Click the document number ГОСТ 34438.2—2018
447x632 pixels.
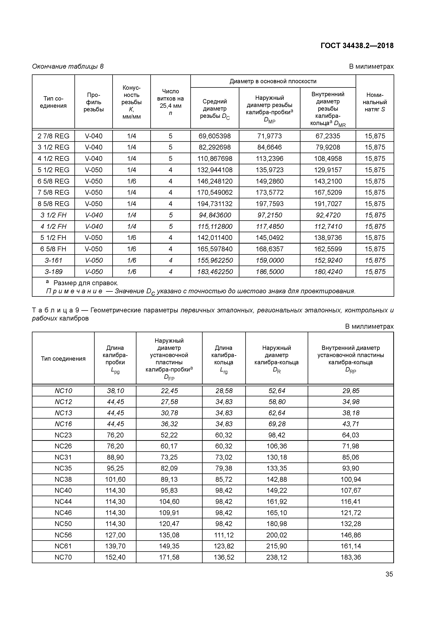point(357,46)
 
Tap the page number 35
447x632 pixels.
point(389,574)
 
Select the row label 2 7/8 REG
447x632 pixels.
point(53,136)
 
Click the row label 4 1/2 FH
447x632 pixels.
point(53,226)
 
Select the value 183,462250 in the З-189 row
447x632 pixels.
point(215,272)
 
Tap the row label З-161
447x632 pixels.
point(53,260)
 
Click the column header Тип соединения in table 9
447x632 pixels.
point(63,358)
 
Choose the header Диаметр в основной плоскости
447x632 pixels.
point(273,81)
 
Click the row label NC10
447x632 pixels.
point(63,391)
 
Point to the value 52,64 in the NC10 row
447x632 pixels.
point(276,391)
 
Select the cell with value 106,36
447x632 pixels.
point(276,446)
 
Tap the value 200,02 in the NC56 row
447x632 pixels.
point(276,535)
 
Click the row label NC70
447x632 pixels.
point(63,557)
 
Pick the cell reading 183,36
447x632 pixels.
point(351,557)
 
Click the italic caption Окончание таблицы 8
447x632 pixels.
point(68,66)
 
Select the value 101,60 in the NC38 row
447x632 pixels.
point(115,479)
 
